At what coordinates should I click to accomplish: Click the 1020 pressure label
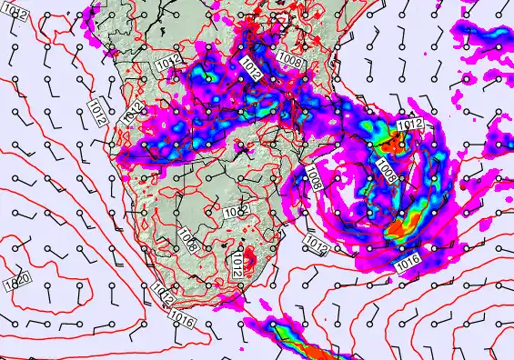(20, 279)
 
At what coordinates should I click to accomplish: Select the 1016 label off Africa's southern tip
(181, 318)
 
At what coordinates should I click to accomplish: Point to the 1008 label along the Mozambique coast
(314, 176)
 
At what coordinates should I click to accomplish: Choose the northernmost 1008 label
(291, 61)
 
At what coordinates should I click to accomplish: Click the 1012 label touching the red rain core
(410, 125)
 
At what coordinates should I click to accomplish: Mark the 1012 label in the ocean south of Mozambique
(317, 245)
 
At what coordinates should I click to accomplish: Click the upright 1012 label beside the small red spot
(238, 262)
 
